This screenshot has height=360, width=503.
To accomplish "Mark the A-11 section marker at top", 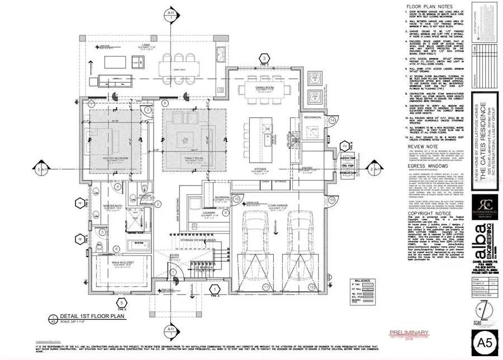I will click(170, 11).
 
